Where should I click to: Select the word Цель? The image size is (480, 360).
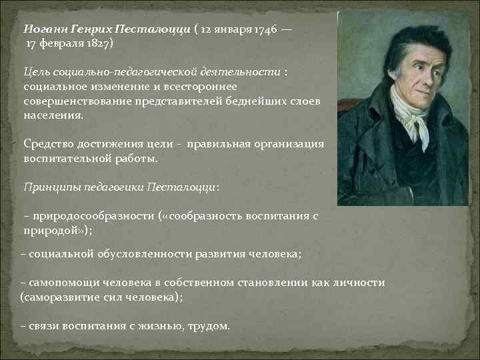(x=36, y=71)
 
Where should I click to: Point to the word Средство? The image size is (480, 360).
(x=49, y=143)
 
